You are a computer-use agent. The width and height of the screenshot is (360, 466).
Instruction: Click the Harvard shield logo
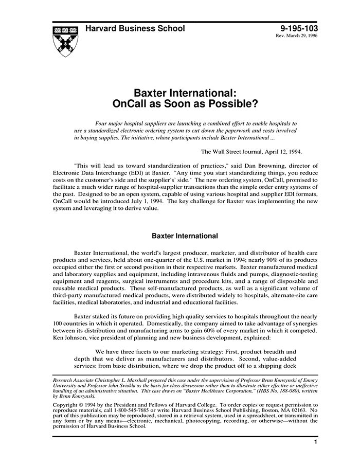tap(66, 40)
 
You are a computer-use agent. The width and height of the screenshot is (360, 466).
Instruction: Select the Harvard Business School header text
tap(135, 28)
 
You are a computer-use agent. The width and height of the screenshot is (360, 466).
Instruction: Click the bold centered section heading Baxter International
tap(185, 236)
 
